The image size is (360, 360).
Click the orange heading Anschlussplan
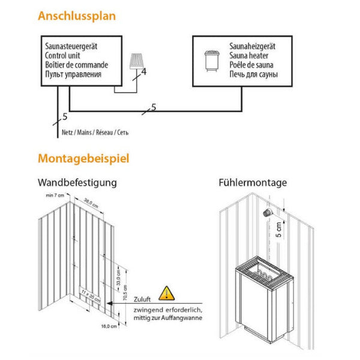77,16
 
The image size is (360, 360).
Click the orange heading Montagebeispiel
83,159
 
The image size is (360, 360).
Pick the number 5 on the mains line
64,116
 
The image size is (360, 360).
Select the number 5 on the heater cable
154,107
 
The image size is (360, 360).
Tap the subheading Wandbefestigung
77,182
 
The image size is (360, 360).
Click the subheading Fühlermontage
253,182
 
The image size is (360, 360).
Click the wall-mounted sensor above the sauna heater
268,212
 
